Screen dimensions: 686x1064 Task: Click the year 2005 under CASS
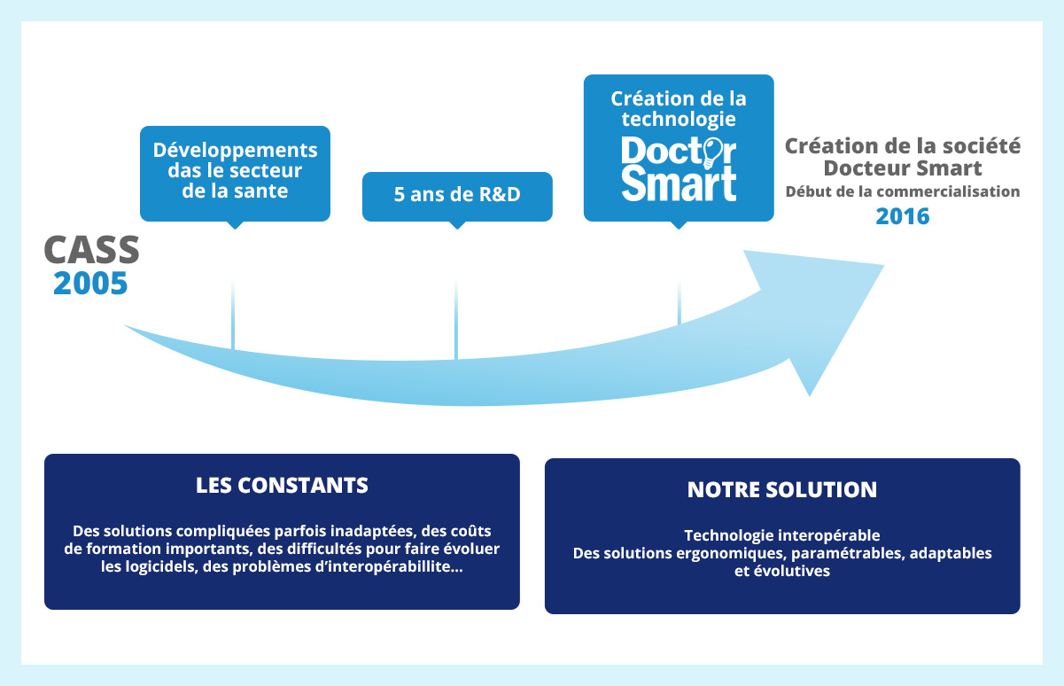pyautogui.click(x=90, y=283)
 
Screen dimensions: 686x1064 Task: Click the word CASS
pyautogui.click(x=91, y=250)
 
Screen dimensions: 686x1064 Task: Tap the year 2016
pyautogui.click(x=903, y=216)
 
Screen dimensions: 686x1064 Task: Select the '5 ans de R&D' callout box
pyautogui.click(x=457, y=196)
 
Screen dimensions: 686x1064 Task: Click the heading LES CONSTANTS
pyautogui.click(x=282, y=486)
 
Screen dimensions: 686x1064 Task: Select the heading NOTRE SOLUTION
pyautogui.click(x=782, y=489)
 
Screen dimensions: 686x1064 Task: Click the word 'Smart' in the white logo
pyautogui.click(x=679, y=182)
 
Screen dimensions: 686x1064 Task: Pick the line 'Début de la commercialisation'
pyautogui.click(x=903, y=191)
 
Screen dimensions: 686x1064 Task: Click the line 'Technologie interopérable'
pyautogui.click(x=782, y=535)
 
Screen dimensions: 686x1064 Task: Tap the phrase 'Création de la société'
pyautogui.click(x=903, y=145)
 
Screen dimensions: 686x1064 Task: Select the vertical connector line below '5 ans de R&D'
pyautogui.click(x=456, y=319)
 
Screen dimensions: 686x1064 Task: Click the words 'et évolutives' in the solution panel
pyautogui.click(x=782, y=572)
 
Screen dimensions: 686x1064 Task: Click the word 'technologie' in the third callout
pyautogui.click(x=679, y=118)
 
